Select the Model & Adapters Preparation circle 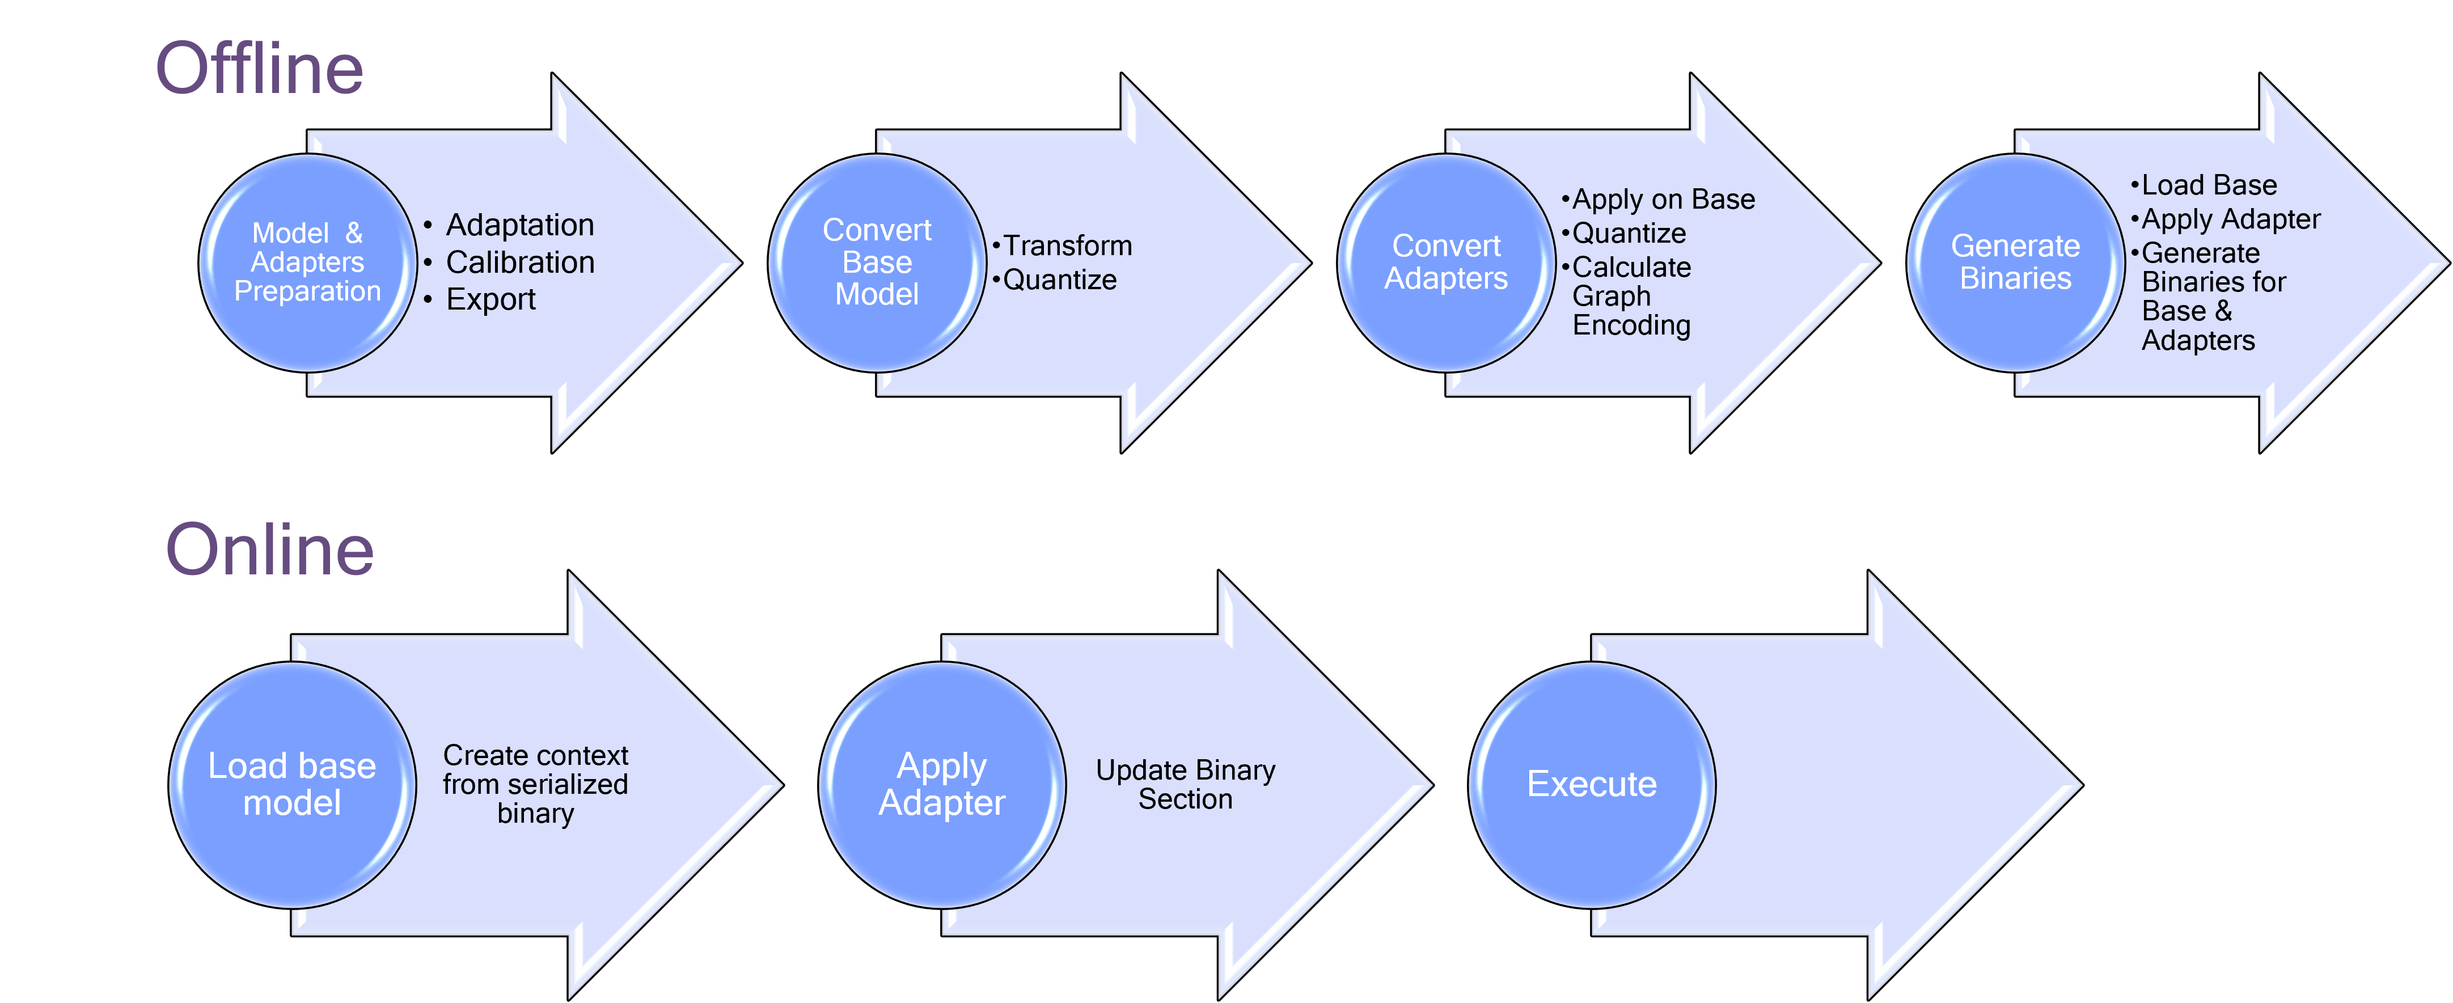point(307,263)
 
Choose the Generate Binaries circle point(2015,263)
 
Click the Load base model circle point(293,785)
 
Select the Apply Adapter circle point(942,785)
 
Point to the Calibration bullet point(520,263)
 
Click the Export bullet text point(490,300)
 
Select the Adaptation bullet point(520,226)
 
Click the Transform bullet point(1067,246)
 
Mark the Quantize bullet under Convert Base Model point(1059,280)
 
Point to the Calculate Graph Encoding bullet point(1630,296)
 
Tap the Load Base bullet point(2208,185)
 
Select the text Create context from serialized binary point(535,785)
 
